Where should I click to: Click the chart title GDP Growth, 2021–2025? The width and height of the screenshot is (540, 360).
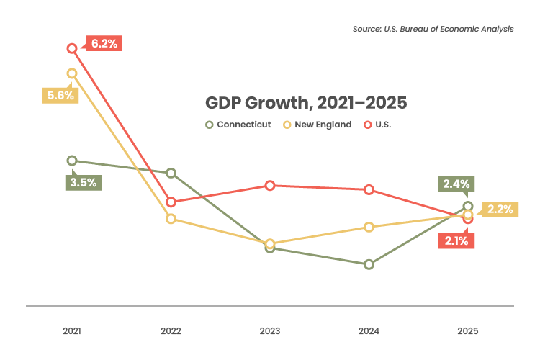click(306, 102)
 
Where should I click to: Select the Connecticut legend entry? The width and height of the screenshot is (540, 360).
click(238, 125)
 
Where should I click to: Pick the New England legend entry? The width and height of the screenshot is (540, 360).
click(317, 125)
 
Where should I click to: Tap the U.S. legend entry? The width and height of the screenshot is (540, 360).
click(381, 125)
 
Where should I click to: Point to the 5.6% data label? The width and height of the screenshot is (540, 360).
click(58, 96)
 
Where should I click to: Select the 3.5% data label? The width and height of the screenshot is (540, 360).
click(82, 182)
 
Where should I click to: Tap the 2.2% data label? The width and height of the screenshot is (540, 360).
click(499, 210)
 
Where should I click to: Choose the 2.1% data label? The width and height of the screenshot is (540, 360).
click(456, 241)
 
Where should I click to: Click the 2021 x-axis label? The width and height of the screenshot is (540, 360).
click(71, 331)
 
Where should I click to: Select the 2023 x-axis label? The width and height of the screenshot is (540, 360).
click(270, 331)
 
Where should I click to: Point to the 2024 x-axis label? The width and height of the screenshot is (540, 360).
click(369, 331)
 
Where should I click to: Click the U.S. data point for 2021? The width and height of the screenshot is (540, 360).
click(72, 48)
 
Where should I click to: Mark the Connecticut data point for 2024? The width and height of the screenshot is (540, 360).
click(369, 264)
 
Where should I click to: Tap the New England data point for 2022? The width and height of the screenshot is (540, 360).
click(171, 219)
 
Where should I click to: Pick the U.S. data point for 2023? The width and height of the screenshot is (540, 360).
click(270, 185)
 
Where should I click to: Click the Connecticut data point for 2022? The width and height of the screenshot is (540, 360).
click(171, 173)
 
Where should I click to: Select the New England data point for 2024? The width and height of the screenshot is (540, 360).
click(369, 227)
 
